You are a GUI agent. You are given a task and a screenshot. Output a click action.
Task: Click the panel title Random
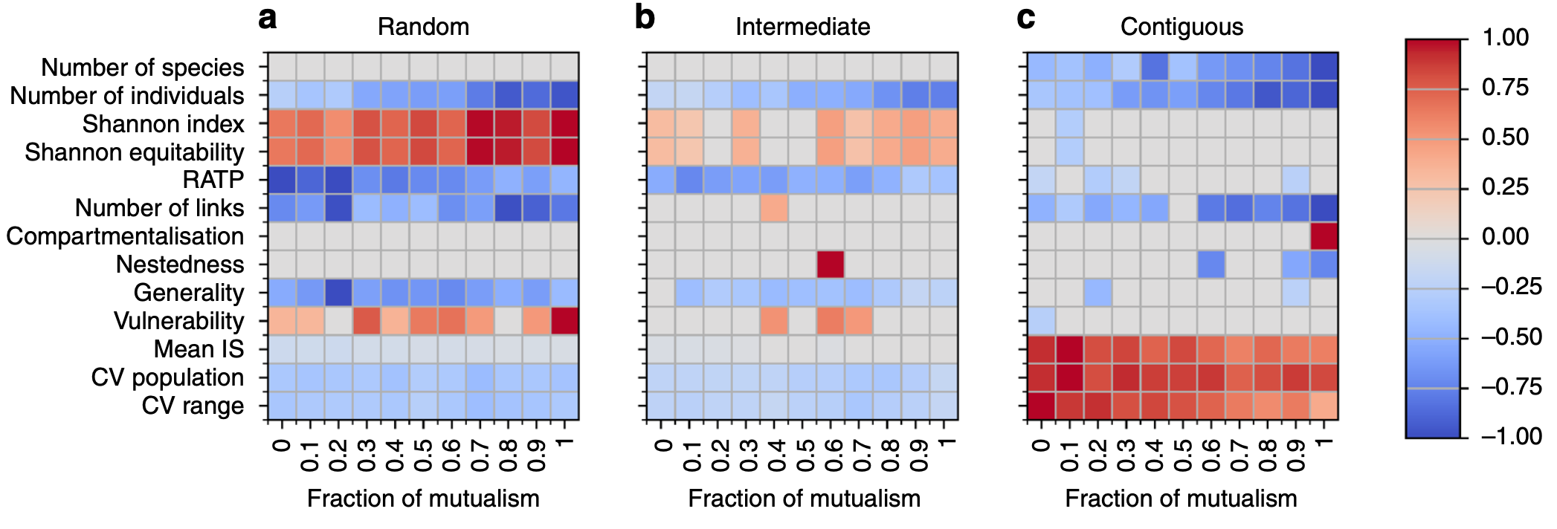(x=423, y=27)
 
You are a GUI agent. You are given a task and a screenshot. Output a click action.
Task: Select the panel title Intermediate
(x=802, y=27)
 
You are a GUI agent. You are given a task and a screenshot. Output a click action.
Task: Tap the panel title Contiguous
(x=1182, y=27)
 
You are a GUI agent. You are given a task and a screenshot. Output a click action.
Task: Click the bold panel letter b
(x=645, y=17)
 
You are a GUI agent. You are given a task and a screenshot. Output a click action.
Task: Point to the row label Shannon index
(x=163, y=124)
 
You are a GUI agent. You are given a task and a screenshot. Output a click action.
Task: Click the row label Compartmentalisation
(x=125, y=236)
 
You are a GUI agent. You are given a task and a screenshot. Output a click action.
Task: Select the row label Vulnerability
(x=178, y=321)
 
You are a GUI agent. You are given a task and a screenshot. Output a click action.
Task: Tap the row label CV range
(x=193, y=406)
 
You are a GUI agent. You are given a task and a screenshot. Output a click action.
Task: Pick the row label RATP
(x=213, y=180)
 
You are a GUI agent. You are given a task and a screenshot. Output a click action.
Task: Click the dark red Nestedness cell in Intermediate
(x=831, y=264)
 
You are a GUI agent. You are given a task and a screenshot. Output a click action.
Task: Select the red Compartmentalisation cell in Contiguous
(x=1324, y=236)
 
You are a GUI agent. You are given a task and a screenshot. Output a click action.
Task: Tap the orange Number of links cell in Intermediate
(x=774, y=208)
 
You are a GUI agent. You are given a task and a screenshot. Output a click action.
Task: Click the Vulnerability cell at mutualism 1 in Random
(x=564, y=321)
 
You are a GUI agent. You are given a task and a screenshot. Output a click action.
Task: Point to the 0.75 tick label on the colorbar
(x=1505, y=88)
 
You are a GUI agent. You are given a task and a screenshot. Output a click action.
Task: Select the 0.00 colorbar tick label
(x=1505, y=237)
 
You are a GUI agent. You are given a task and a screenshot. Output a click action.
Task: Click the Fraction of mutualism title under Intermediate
(x=804, y=499)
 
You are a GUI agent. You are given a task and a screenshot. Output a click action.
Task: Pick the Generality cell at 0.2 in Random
(x=338, y=293)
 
